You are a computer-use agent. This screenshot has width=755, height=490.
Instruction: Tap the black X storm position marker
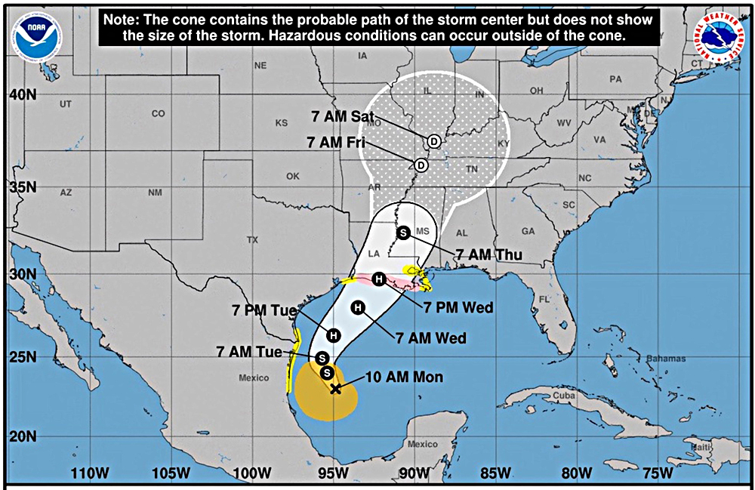pyautogui.click(x=336, y=389)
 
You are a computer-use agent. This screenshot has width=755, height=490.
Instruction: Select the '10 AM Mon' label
pyautogui.click(x=404, y=377)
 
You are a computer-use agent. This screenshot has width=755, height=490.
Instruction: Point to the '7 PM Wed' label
pyautogui.click(x=458, y=307)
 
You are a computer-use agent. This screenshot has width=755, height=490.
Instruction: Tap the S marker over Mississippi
pyautogui.click(x=403, y=233)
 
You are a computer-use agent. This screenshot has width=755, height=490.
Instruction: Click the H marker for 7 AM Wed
pyautogui.click(x=358, y=307)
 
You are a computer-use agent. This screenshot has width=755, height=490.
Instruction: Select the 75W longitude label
pyautogui.click(x=658, y=473)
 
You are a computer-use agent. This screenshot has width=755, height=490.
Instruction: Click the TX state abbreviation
pyautogui.click(x=252, y=240)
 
